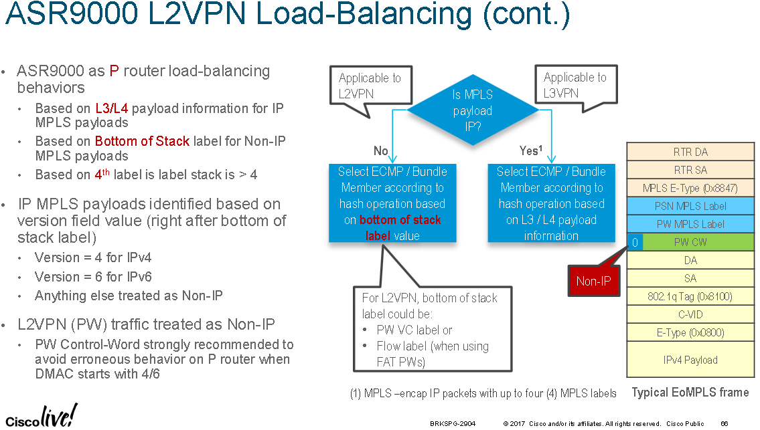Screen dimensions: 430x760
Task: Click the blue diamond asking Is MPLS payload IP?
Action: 472,110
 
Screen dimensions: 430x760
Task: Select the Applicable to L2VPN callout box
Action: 370,86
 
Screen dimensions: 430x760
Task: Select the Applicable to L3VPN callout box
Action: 575,86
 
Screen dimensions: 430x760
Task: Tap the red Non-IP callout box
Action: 593,282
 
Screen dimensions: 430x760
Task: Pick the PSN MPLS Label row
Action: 690,206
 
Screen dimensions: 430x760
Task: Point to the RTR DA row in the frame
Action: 690,152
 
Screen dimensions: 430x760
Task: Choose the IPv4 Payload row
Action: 690,360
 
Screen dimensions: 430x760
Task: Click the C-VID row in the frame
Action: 690,314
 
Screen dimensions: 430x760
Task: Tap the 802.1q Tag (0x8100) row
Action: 690,296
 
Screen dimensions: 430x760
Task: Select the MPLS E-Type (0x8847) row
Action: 690,188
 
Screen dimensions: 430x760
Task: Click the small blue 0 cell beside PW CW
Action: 634,242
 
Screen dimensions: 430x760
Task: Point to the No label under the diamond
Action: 380,151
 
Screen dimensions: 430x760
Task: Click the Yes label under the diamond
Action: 530,151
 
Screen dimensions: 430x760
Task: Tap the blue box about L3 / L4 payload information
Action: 551,203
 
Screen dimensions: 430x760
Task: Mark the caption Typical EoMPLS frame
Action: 690,393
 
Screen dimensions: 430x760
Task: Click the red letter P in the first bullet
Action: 113,72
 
